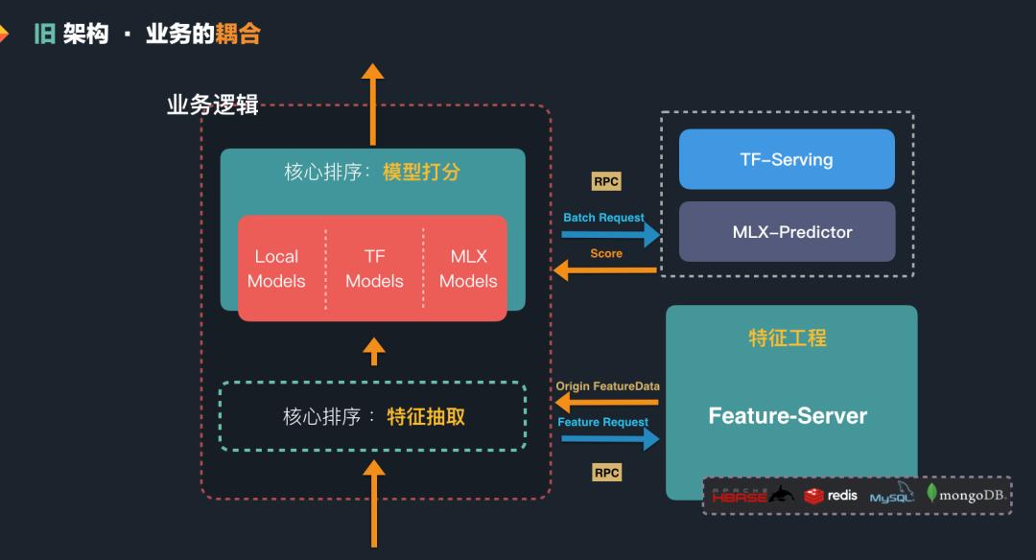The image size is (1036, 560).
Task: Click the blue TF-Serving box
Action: pyautogui.click(x=787, y=159)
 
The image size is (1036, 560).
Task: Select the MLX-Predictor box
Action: pyautogui.click(x=787, y=231)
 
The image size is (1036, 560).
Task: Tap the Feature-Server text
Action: pyautogui.click(x=788, y=416)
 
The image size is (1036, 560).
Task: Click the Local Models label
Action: pyautogui.click(x=276, y=268)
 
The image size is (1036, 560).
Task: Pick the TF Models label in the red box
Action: pyautogui.click(x=374, y=268)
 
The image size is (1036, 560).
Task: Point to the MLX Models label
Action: pyautogui.click(x=468, y=268)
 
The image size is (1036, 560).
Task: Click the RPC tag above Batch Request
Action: pyautogui.click(x=606, y=182)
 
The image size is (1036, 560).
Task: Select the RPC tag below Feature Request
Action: pyautogui.click(x=606, y=473)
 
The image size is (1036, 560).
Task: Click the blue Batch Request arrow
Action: pyautogui.click(x=610, y=234)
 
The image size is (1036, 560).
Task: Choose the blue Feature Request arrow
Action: pyautogui.click(x=610, y=438)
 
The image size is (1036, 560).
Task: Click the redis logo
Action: pyautogui.click(x=831, y=496)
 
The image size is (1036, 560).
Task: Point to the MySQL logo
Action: pyautogui.click(x=891, y=496)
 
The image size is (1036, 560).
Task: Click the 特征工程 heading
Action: pyautogui.click(x=788, y=338)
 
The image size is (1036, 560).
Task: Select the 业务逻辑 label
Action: pyautogui.click(x=213, y=105)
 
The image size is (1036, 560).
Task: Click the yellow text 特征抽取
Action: pyautogui.click(x=426, y=416)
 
